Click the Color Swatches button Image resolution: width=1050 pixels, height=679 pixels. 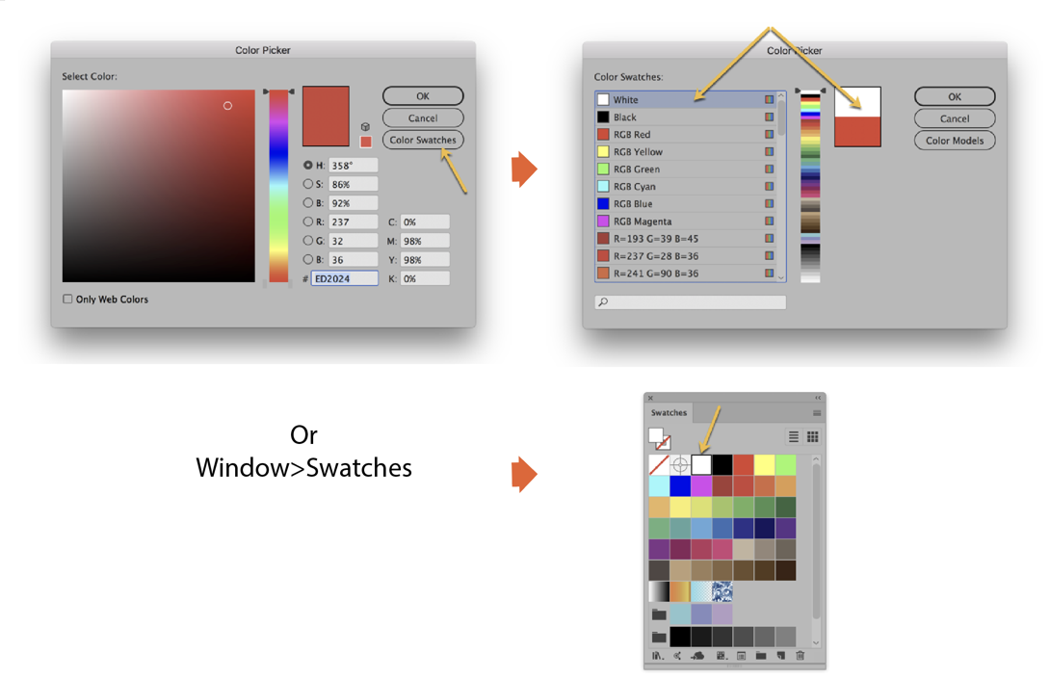point(423,140)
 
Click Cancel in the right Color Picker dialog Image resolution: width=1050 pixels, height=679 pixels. point(954,118)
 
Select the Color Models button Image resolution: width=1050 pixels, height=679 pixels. point(954,141)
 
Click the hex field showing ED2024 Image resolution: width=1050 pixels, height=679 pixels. point(344,278)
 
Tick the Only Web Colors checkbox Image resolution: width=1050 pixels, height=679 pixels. point(68,300)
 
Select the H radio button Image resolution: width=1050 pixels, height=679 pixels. point(308,166)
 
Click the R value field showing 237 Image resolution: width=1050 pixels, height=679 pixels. point(353,222)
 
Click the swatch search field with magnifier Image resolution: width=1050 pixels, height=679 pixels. point(691,302)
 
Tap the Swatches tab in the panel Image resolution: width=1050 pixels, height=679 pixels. point(669,413)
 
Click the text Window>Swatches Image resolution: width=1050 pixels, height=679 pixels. point(303,468)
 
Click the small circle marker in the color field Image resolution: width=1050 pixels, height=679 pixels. point(227,106)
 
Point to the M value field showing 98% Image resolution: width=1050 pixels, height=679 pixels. point(425,241)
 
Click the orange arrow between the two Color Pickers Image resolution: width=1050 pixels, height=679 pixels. point(523,170)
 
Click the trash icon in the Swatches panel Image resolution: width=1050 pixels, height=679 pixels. point(800,656)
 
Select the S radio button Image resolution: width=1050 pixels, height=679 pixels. point(308,184)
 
